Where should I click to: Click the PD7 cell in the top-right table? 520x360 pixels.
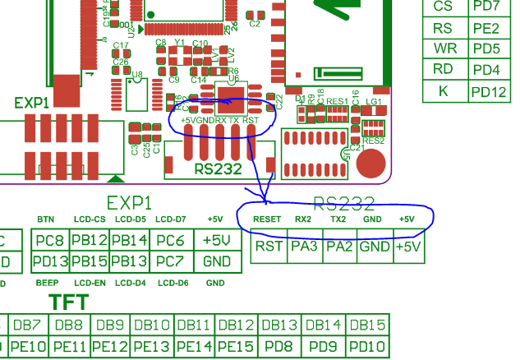pos(486,7)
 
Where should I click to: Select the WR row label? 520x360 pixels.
pos(444,48)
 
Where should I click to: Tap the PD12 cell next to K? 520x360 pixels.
pos(489,91)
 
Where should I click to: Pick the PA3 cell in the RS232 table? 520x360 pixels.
pos(304,246)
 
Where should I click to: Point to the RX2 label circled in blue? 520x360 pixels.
pos(303,219)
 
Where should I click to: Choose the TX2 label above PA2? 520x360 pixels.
pos(338,219)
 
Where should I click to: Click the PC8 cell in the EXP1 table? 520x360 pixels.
pos(49,240)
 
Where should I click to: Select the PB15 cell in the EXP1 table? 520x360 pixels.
pos(88,261)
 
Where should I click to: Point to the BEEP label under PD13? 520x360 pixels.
pos(46,283)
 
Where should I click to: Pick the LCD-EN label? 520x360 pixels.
pos(89,283)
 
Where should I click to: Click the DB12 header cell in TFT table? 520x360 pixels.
pos(237,325)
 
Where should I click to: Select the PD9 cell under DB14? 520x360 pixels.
pos(324,347)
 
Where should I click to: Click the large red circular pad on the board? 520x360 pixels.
pos(371,163)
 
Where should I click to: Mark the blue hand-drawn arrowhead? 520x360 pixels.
pos(265,198)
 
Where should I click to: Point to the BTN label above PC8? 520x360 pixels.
pos(46,219)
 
